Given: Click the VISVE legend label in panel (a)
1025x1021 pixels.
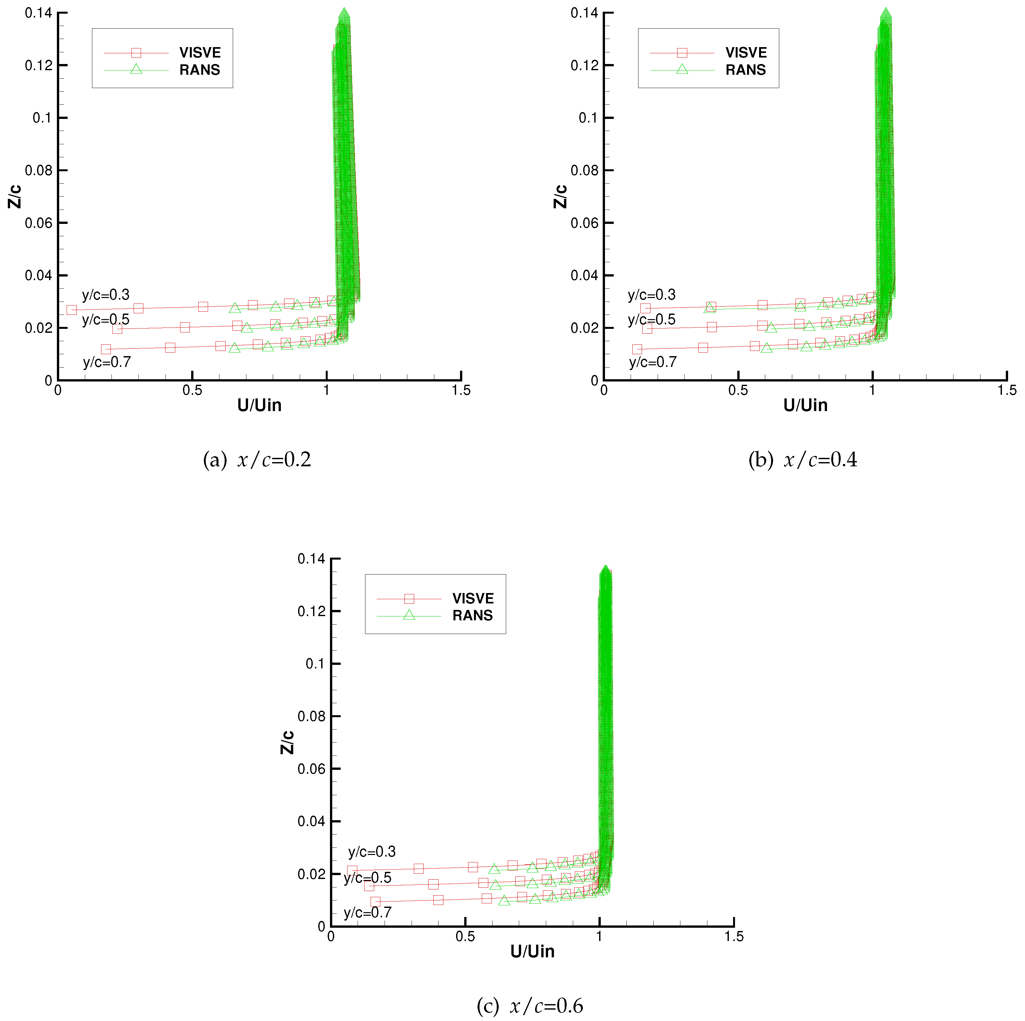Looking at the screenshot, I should click(x=200, y=53).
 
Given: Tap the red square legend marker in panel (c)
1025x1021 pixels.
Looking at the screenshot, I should click(x=409, y=598).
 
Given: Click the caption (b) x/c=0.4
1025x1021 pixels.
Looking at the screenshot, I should click(x=802, y=459).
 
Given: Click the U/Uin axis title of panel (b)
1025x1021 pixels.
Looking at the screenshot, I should click(x=805, y=405).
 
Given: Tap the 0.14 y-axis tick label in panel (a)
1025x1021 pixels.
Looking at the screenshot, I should click(x=38, y=13).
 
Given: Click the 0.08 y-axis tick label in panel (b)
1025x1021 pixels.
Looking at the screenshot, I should click(x=584, y=170).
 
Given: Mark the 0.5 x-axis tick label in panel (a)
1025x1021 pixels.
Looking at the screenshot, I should click(x=192, y=390).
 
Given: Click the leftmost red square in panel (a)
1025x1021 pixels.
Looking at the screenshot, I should click(x=72, y=310).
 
